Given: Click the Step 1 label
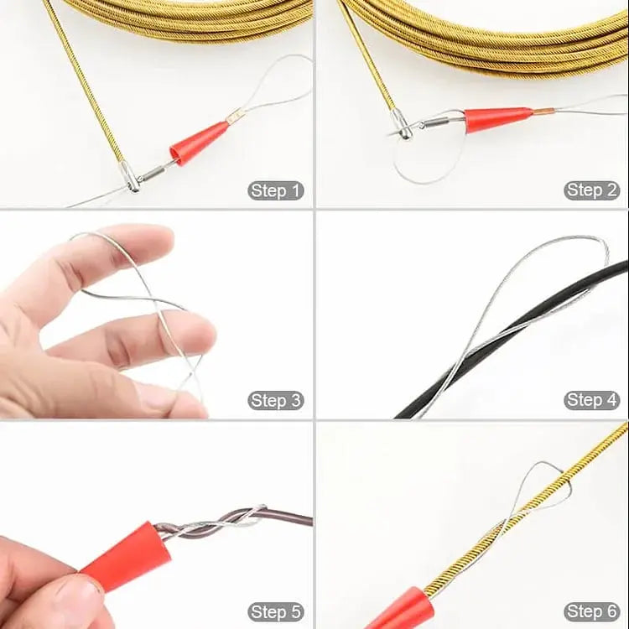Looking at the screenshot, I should click(x=275, y=190).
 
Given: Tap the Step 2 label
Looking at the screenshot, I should click(x=592, y=190).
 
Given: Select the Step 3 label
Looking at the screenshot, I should click(x=275, y=400).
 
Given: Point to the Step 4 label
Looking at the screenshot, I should click(x=592, y=400).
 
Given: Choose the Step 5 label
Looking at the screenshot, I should click(x=275, y=611).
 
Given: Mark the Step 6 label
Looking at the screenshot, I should click(x=592, y=611).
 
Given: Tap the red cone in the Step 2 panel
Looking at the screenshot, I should click(x=497, y=118).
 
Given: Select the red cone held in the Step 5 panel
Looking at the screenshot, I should click(x=126, y=555).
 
